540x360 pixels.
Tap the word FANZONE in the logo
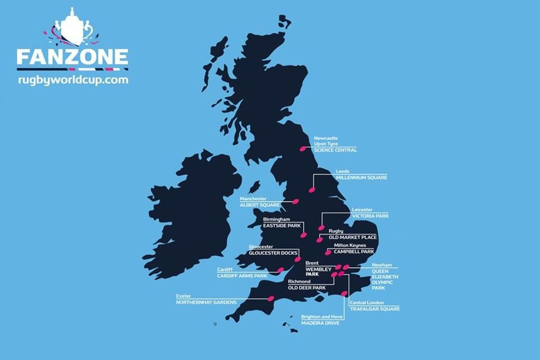(72, 57)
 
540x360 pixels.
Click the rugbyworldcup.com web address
(73, 80)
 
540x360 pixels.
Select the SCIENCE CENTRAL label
(335, 150)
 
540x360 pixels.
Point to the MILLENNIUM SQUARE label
(361, 178)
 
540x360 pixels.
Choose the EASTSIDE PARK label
(282, 226)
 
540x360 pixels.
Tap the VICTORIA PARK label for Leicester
(370, 216)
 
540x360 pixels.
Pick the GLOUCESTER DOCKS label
(273, 253)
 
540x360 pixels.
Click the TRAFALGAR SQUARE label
(374, 309)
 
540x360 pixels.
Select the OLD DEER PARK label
(306, 288)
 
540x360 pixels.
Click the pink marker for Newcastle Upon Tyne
(303, 149)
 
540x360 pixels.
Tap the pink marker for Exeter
(271, 299)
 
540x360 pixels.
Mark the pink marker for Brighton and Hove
(344, 294)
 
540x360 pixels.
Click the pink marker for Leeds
(311, 189)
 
